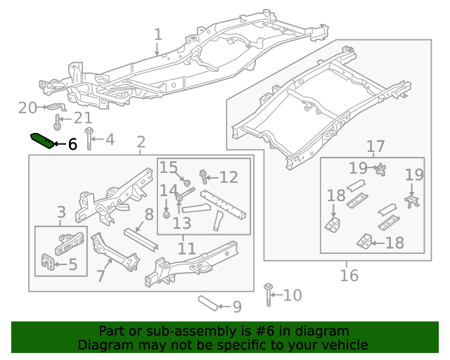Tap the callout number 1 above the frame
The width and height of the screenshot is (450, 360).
click(158, 34)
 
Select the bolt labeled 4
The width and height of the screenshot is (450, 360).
click(89, 139)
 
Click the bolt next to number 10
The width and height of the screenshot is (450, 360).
click(268, 295)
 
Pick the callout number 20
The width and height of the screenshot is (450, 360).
click(27, 108)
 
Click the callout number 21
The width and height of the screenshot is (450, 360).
click(83, 118)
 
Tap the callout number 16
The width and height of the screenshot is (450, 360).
click(349, 275)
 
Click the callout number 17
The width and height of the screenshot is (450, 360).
click(375, 146)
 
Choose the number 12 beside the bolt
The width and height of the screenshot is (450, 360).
click(229, 176)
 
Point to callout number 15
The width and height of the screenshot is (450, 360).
click(168, 167)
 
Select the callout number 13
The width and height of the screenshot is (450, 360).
click(181, 224)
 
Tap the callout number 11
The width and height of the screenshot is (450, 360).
click(186, 248)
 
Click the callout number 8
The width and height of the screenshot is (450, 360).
click(149, 214)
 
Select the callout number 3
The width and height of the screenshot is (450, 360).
click(61, 212)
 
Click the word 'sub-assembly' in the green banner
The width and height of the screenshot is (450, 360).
click(171, 331)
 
